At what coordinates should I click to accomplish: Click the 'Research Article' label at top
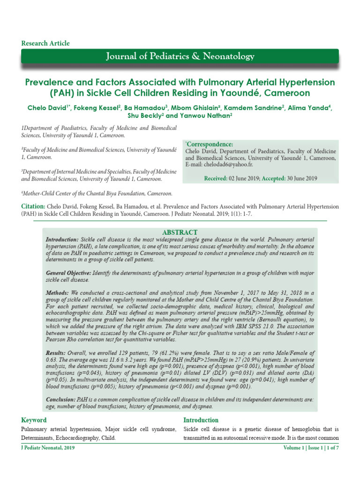(45, 44)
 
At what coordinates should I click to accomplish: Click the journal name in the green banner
(180, 57)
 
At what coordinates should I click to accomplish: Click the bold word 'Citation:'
(33, 207)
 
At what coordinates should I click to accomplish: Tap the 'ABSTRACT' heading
(180, 232)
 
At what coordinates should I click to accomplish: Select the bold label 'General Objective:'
(68, 273)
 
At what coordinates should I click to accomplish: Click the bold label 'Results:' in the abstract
(58, 352)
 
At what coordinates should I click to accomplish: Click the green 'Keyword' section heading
(34, 420)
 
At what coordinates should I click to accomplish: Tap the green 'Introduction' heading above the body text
(201, 420)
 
